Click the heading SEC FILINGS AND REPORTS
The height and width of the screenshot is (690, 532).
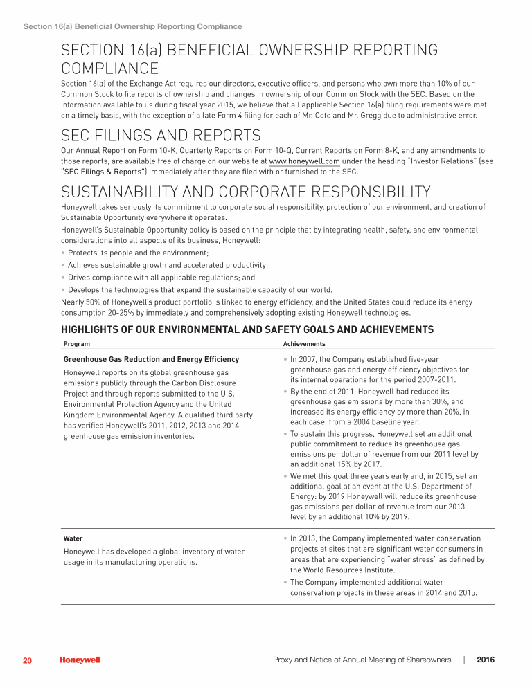pos(161,135)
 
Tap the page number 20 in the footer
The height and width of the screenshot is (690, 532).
pos(27,660)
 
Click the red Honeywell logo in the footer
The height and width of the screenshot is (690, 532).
pos(80,660)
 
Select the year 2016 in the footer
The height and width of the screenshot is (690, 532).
pos(486,660)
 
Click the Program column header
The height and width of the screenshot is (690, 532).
pos(76,343)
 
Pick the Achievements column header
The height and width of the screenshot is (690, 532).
pos(304,343)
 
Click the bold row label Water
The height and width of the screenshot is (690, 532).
pos(73,538)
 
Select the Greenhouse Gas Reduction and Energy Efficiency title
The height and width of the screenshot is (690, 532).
pos(151,359)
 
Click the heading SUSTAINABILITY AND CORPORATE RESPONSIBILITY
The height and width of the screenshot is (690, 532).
pos(245,192)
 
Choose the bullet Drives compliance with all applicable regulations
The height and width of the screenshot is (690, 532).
pos(151,278)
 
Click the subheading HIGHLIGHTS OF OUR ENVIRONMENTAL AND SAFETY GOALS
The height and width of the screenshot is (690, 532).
pos(247,329)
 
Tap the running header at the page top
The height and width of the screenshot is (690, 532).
pos(132,26)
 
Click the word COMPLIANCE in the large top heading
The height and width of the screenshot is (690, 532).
pos(109,69)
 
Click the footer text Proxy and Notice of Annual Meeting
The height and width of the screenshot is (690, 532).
pos(362,660)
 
